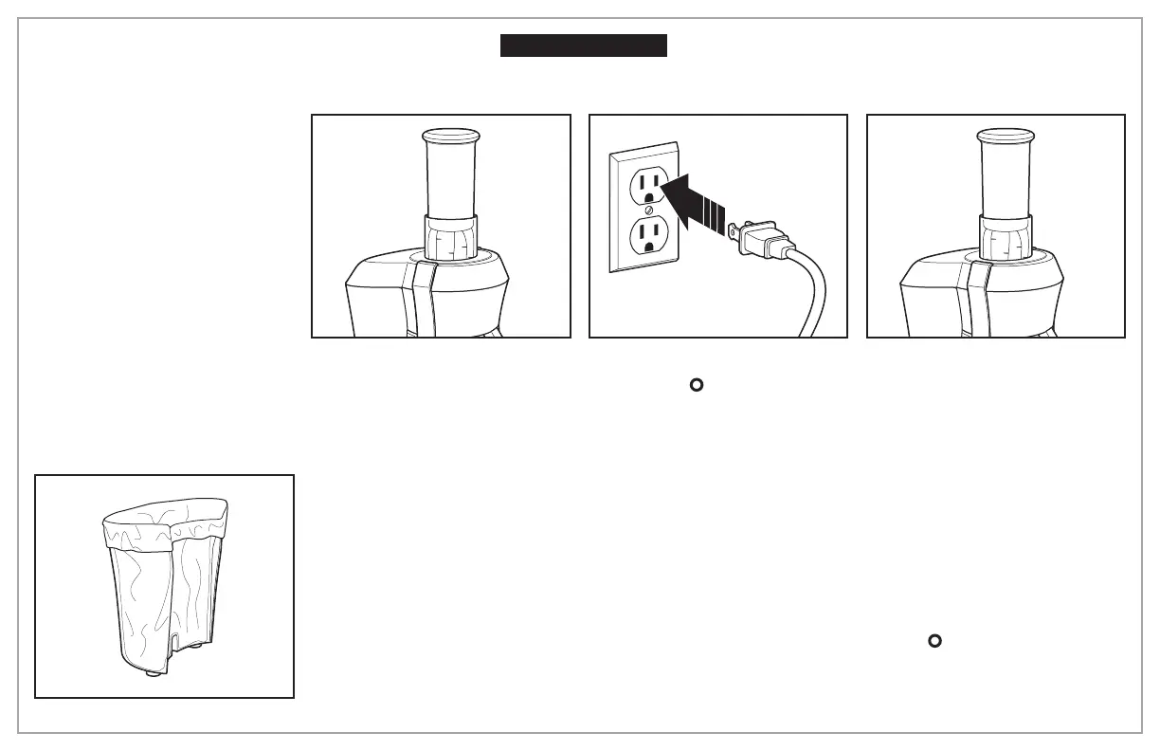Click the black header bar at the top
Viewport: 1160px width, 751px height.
pyautogui.click(x=584, y=46)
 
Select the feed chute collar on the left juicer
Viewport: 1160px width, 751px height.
pyautogui.click(x=450, y=236)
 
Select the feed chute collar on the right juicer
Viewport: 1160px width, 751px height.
pyautogui.click(x=1005, y=236)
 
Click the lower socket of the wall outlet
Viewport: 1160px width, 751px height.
pyautogui.click(x=648, y=234)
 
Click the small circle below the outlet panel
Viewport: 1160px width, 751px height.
pyautogui.click(x=695, y=385)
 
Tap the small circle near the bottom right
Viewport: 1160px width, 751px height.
pyautogui.click(x=933, y=642)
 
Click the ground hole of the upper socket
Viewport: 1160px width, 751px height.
pyautogui.click(x=648, y=196)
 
